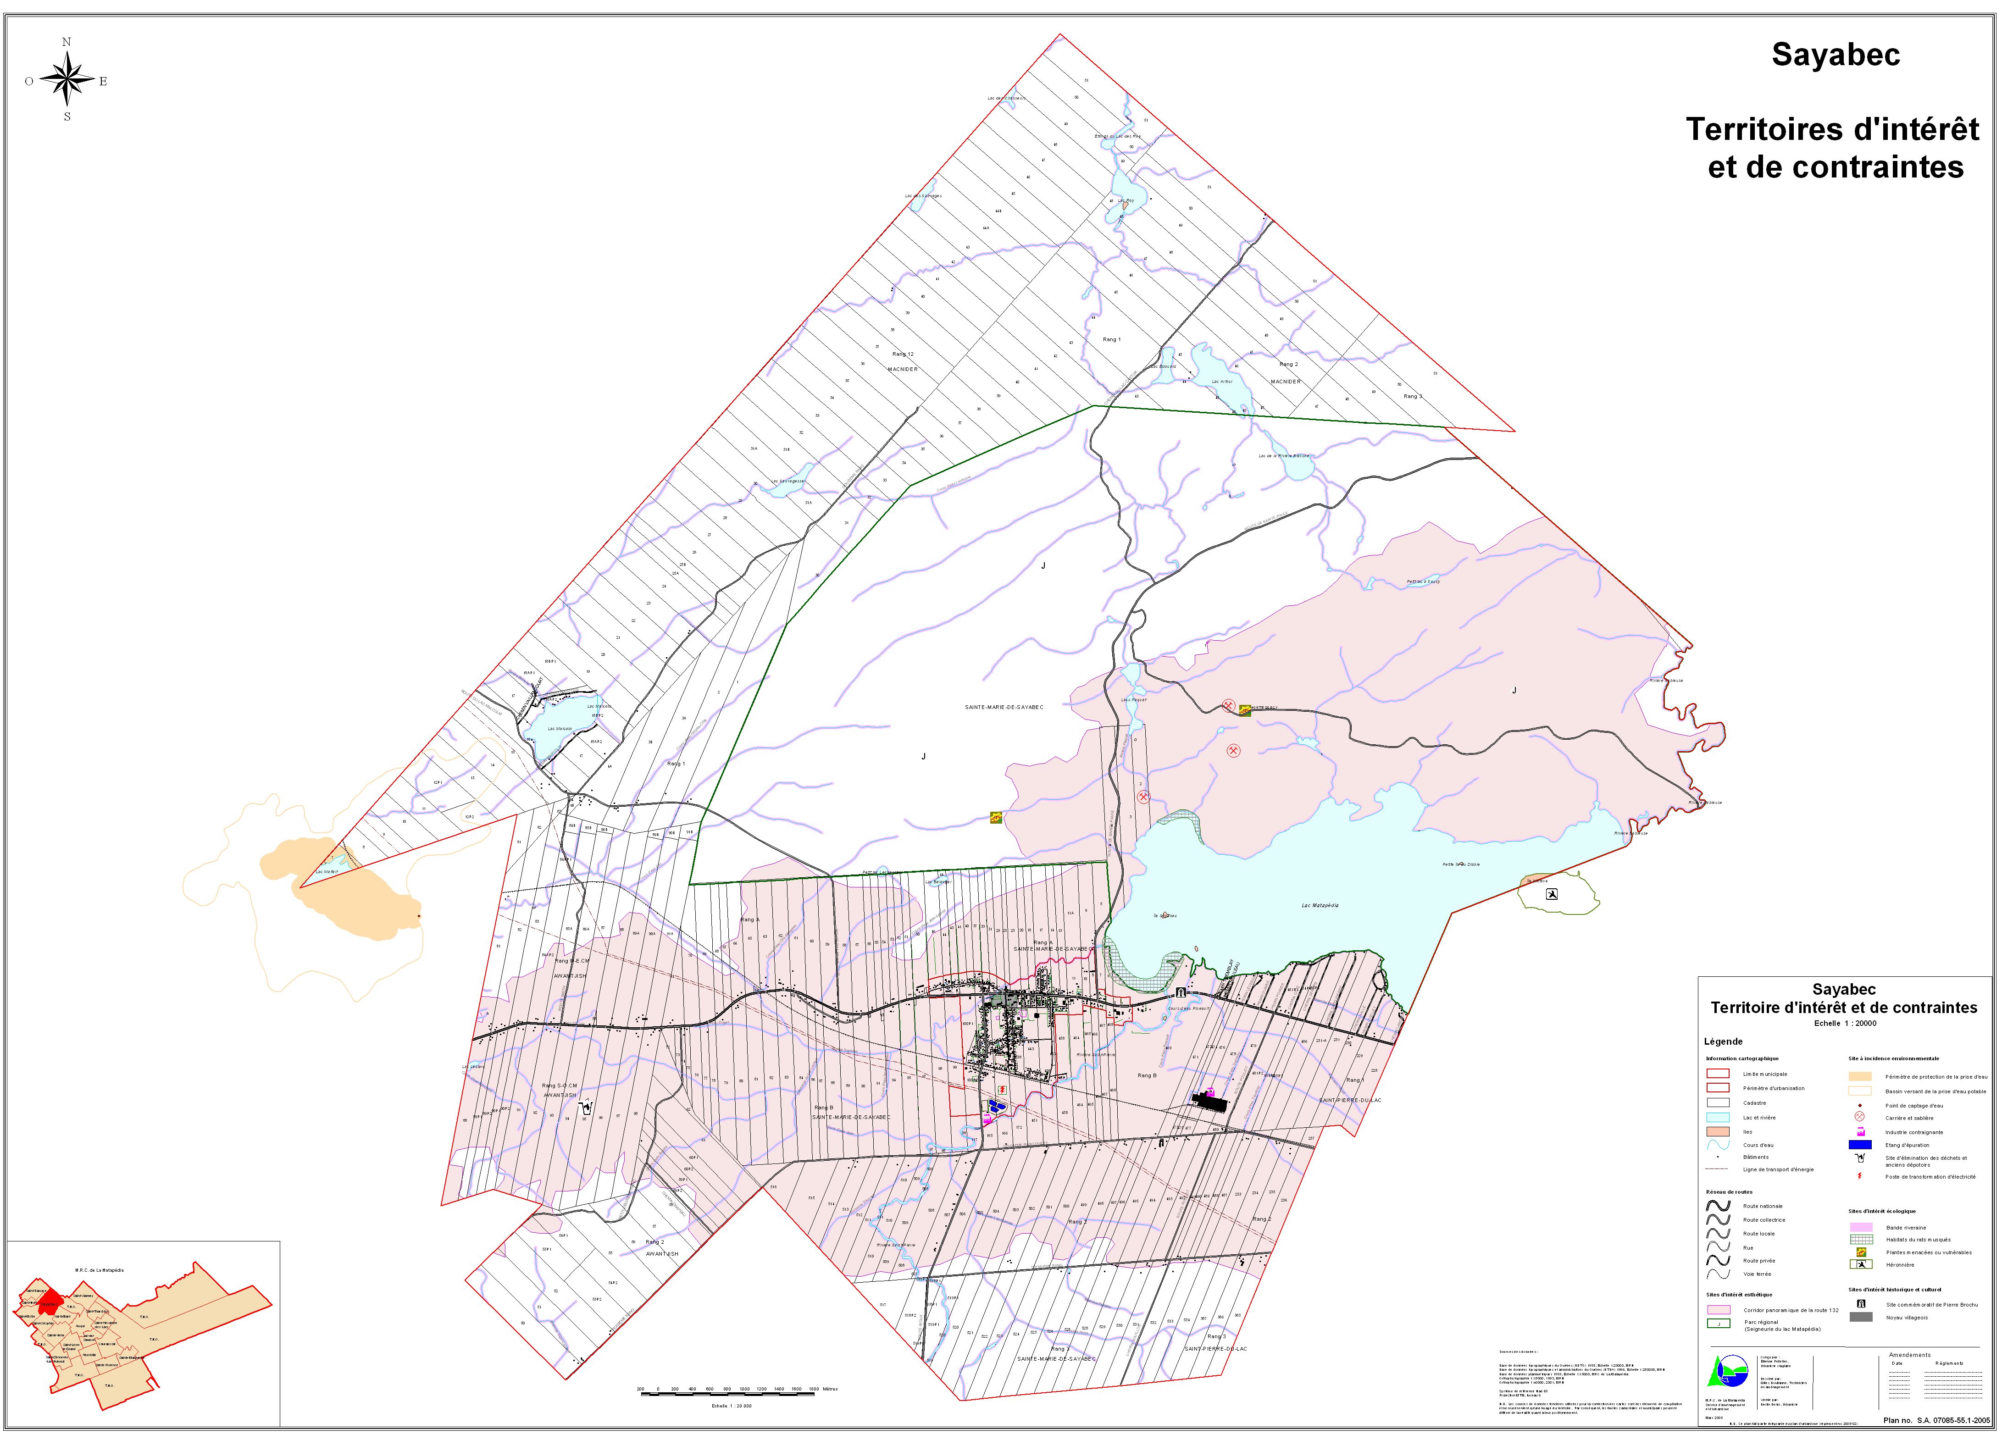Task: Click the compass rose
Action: [x=67, y=79]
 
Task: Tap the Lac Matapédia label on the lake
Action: [x=1320, y=905]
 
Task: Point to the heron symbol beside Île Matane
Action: [x=1551, y=894]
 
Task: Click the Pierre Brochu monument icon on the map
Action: [x=1180, y=993]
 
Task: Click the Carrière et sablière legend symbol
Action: [x=1860, y=1117]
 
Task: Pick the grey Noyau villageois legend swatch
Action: [x=1861, y=1318]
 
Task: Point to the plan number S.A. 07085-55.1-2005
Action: [x=1937, y=1421]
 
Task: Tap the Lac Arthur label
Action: [x=1222, y=381]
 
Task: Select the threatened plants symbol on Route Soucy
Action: [x=1245, y=709]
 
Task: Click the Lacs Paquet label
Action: [x=1133, y=700]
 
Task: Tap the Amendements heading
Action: [x=1909, y=1354]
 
